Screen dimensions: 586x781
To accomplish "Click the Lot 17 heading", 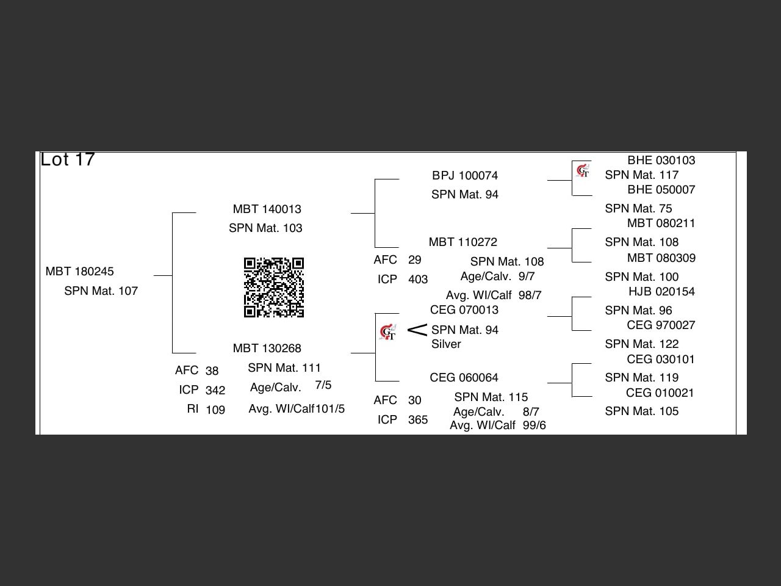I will pyautogui.click(x=68, y=160).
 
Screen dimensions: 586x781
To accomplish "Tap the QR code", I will pyautogui.click(x=274, y=288).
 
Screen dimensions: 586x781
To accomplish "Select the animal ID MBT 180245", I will pyautogui.click(x=79, y=272).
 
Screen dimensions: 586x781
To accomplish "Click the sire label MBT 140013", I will pyautogui.click(x=267, y=209).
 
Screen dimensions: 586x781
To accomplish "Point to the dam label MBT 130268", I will pyautogui.click(x=267, y=349).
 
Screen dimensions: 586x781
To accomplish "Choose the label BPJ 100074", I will pyautogui.click(x=465, y=176).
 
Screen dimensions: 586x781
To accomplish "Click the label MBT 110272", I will pyautogui.click(x=462, y=242).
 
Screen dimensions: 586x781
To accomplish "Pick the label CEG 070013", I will pyautogui.click(x=464, y=310).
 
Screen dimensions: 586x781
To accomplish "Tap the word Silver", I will pyautogui.click(x=446, y=344).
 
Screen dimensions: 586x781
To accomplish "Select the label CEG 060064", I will pyautogui.click(x=464, y=378).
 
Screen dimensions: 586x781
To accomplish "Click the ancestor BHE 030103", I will pyautogui.click(x=661, y=161).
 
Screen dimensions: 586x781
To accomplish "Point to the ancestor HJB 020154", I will pyautogui.click(x=661, y=292).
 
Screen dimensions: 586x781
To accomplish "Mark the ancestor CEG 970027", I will pyautogui.click(x=661, y=325).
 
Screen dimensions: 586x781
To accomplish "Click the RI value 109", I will pyautogui.click(x=215, y=410).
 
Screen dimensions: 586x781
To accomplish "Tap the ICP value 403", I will pyautogui.click(x=418, y=280).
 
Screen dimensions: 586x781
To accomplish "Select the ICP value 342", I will pyautogui.click(x=215, y=391).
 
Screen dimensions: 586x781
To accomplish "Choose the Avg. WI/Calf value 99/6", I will pyautogui.click(x=534, y=425).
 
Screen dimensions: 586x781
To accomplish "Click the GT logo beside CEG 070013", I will pyautogui.click(x=388, y=333).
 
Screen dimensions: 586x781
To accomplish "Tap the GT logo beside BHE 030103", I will pyautogui.click(x=583, y=170).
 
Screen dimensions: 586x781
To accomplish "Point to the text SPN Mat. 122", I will pyautogui.click(x=641, y=344).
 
